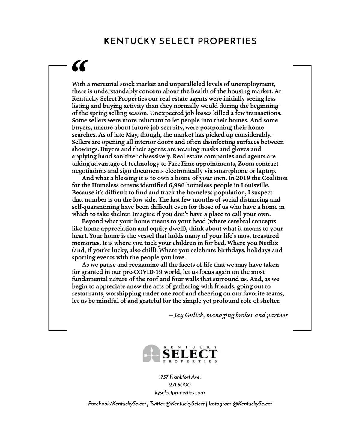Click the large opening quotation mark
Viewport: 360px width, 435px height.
pyautogui.click(x=80, y=66)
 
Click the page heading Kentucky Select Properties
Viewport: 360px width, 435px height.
pyautogui.click(x=180, y=41)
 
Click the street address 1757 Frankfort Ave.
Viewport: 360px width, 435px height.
pyautogui.click(x=180, y=377)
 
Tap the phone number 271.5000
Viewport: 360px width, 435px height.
pyautogui.click(x=180, y=385)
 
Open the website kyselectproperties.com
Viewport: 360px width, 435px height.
pyautogui.click(x=180, y=392)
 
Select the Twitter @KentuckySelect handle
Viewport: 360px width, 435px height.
pyautogui.click(x=177, y=404)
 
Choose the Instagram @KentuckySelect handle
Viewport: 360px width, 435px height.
pyautogui.click(x=240, y=404)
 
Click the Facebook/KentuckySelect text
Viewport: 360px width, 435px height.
pyautogui.click(x=117, y=404)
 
